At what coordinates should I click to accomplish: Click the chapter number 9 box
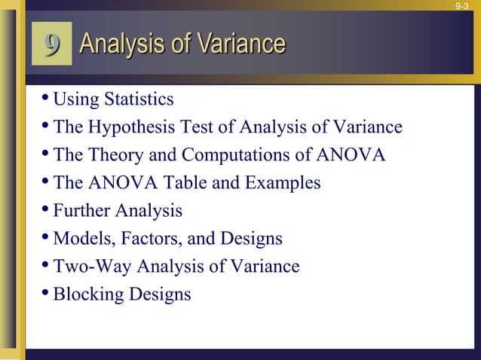51,44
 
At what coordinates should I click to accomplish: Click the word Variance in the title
239,44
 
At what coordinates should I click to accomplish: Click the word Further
80,211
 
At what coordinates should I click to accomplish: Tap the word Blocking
85,294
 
